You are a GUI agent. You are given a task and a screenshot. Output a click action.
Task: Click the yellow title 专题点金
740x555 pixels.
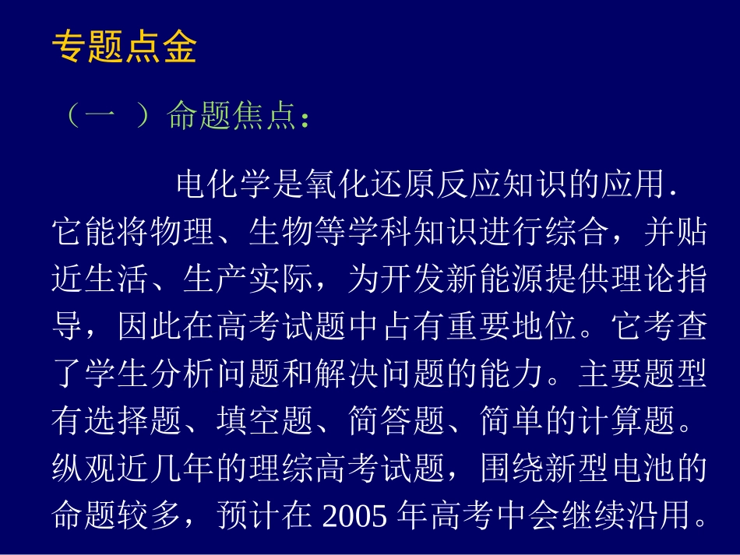(125, 47)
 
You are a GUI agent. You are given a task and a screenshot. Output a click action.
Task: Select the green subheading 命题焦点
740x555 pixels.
(232, 117)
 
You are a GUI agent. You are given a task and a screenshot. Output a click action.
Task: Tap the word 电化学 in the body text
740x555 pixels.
(226, 185)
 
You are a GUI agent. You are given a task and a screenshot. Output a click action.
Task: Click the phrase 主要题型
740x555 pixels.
(641, 375)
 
